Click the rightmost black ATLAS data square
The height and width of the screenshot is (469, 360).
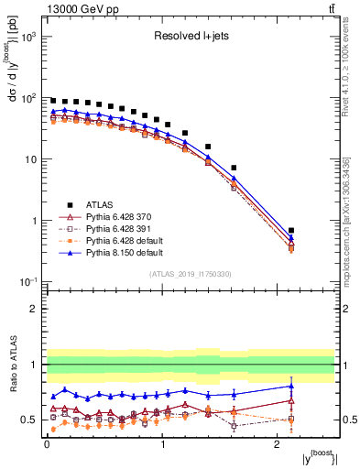click(x=291, y=231)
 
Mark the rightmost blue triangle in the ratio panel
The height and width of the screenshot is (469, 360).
click(x=291, y=386)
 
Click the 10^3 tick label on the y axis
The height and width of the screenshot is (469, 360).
click(x=29, y=37)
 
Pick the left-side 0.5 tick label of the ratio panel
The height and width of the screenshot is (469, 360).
click(x=31, y=420)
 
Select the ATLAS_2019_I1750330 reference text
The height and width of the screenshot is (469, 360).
click(x=191, y=274)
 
